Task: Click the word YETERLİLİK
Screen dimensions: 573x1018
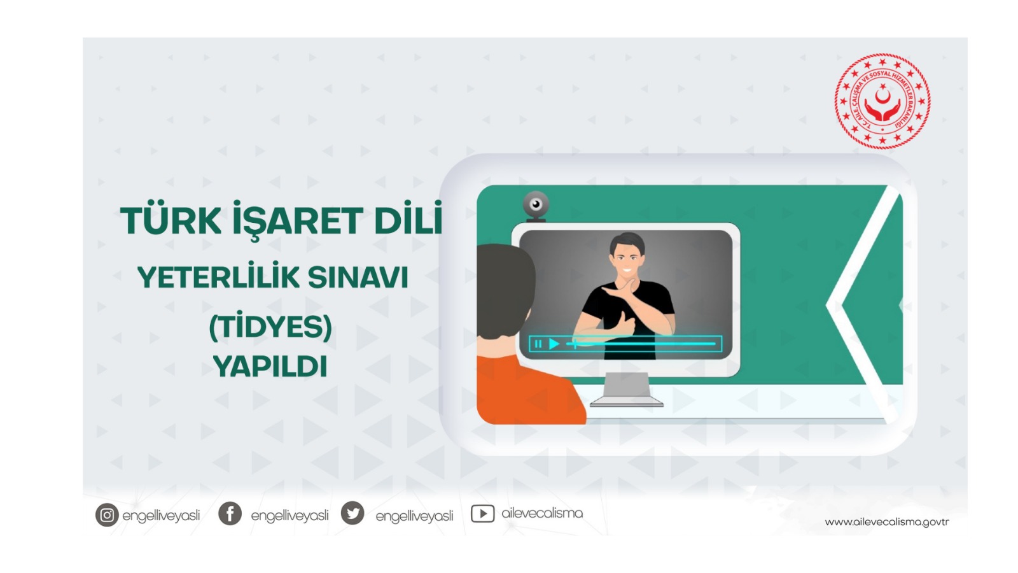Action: coord(218,277)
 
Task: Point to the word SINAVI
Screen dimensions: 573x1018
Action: coord(358,278)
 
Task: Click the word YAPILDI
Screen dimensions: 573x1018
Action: coord(270,367)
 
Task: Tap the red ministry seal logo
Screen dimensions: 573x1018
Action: coord(882,101)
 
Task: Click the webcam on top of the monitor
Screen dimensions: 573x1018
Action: coord(536,205)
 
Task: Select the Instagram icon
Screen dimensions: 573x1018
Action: coord(107,515)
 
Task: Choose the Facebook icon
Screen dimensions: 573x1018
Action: coord(230,513)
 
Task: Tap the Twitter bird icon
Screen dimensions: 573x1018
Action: coord(352,513)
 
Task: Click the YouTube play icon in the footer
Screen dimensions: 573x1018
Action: coord(482,513)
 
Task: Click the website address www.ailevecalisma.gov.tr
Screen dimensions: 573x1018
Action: coord(886,522)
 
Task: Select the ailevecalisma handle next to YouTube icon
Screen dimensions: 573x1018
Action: coord(542,513)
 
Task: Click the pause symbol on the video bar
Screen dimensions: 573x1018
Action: coord(538,344)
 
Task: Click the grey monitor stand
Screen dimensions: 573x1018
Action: coord(627,388)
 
